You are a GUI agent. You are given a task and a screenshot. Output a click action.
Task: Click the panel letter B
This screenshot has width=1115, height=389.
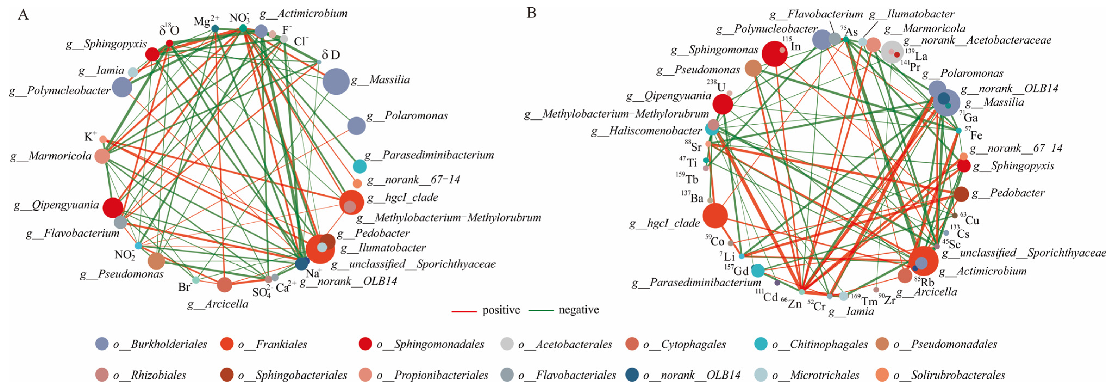coord(531,13)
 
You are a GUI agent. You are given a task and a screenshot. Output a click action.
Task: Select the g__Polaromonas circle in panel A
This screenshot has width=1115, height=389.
coord(356,126)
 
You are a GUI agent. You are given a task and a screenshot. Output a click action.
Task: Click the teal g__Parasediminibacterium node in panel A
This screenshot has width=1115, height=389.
coord(359,166)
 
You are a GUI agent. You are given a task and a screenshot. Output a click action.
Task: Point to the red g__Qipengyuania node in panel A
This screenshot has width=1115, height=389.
coord(113,208)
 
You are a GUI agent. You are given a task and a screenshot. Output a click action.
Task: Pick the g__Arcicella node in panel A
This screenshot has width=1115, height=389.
coord(224,285)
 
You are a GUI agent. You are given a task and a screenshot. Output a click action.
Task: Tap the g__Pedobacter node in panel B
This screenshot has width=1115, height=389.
coord(961,194)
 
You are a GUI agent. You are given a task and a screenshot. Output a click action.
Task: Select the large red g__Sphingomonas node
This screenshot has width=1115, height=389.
coord(774,54)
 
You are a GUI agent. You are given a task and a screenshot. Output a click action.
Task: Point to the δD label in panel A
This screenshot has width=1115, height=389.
coord(331,55)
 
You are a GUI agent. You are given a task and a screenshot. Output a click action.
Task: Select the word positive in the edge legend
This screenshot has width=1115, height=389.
coord(501,310)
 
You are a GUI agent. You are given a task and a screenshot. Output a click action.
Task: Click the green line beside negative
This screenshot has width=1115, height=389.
coord(541,310)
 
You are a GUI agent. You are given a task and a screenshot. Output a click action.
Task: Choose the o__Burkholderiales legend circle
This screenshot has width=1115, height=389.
coord(102,344)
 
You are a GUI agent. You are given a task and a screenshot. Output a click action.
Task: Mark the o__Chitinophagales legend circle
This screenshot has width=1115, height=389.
coord(761,344)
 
